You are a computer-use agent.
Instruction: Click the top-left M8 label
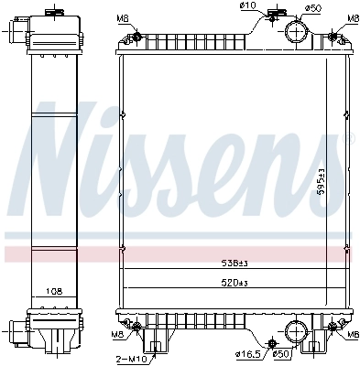click(x=123, y=18)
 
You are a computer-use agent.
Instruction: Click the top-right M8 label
click(x=353, y=18)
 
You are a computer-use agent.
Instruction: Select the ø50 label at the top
click(x=313, y=7)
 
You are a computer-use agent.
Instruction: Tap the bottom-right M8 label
click(x=353, y=335)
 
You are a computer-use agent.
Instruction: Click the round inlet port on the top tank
click(x=297, y=32)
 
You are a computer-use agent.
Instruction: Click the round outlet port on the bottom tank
click(x=296, y=332)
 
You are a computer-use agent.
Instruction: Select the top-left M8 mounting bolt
click(x=136, y=38)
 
